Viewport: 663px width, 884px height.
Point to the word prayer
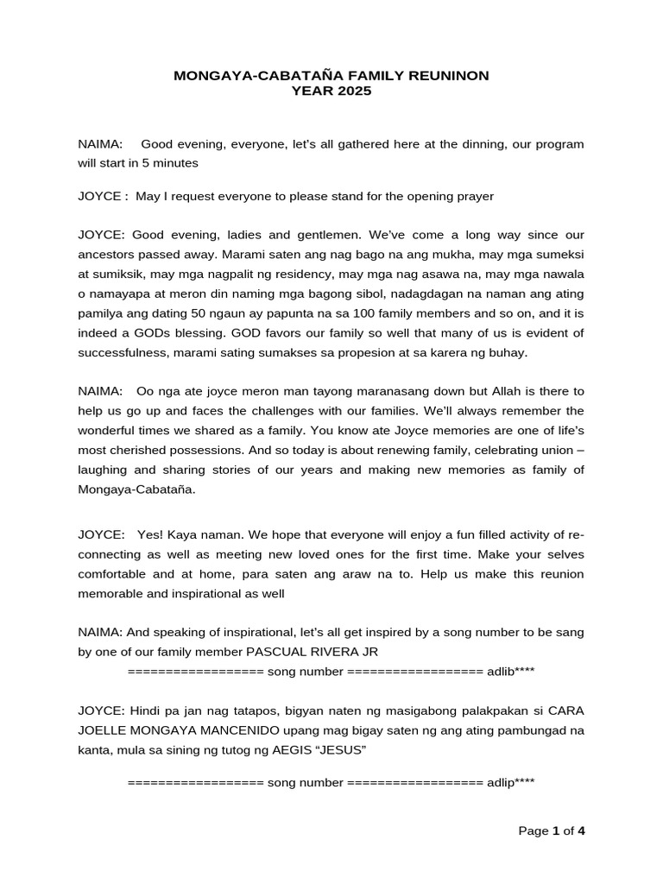point(471,196)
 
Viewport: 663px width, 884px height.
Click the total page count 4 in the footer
point(582,831)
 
